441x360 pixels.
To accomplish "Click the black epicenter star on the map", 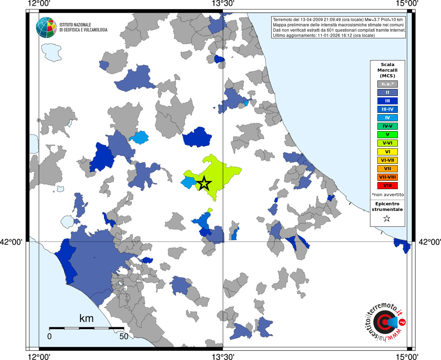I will point(204,184).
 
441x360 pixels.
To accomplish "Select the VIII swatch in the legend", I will point(387,186).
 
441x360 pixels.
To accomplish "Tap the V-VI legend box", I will point(387,143).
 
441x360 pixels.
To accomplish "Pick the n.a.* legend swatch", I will point(387,84).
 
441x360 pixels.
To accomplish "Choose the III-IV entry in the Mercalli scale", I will point(387,109).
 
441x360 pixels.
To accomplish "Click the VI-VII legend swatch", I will point(387,160).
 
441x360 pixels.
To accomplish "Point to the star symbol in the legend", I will point(387,219).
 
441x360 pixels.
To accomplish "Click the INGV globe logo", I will point(46,27).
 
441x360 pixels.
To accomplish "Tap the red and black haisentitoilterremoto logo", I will point(385,322).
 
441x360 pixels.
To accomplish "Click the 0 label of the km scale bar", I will point(50,336).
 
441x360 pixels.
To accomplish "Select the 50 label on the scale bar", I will point(124,336).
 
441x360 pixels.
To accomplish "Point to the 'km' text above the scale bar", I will point(86,319).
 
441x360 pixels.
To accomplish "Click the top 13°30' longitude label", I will point(223,4).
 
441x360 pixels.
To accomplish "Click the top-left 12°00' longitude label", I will point(39,4).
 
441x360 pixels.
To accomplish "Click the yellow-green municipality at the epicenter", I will point(221,172).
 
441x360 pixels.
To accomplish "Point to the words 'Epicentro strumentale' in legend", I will point(387,207).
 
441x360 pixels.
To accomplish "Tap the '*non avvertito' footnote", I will point(388,195).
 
